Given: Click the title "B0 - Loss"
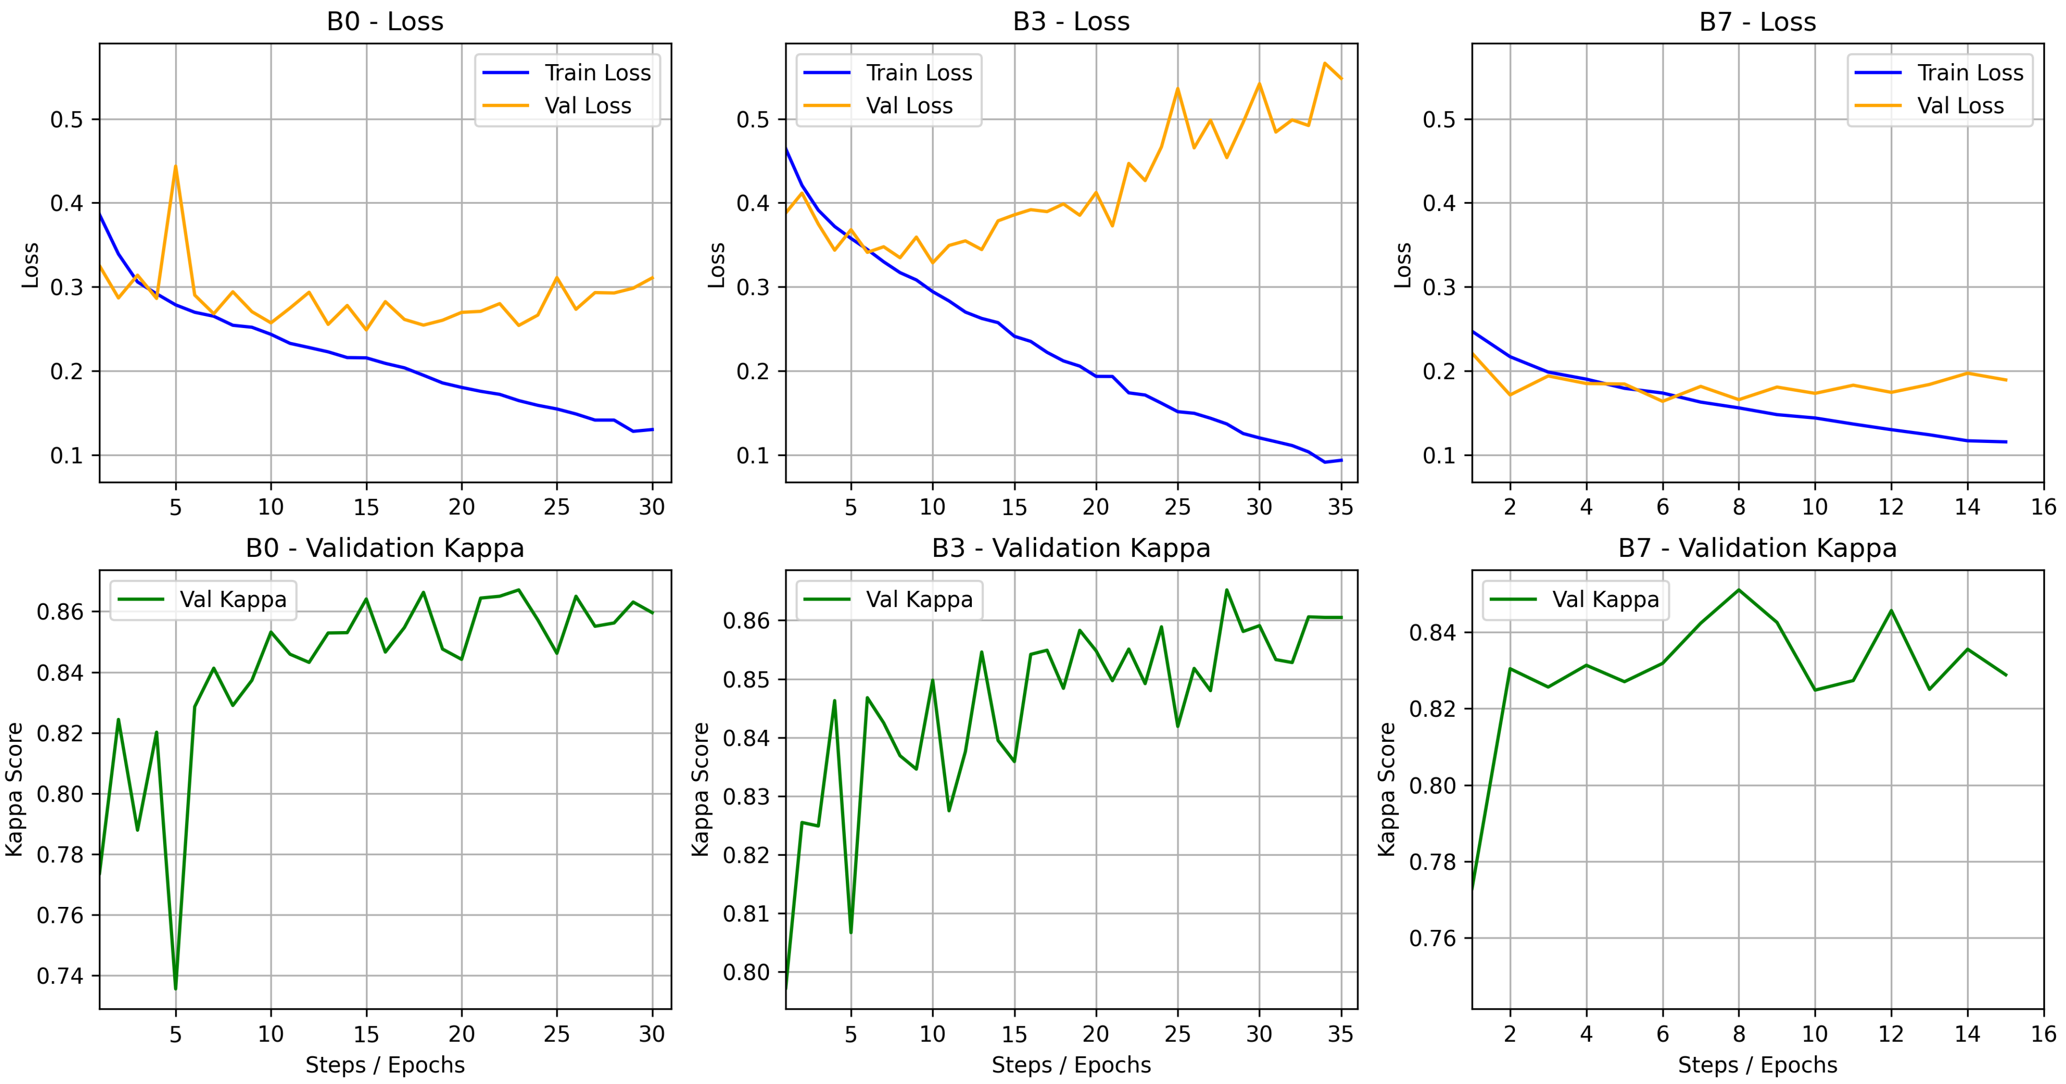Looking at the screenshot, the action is click(x=385, y=21).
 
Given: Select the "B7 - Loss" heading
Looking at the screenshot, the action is click(x=1757, y=21).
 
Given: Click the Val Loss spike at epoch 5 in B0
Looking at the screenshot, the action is click(x=176, y=166).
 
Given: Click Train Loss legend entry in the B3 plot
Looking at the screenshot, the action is click(x=888, y=72).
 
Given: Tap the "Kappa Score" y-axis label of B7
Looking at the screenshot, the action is click(x=1387, y=789).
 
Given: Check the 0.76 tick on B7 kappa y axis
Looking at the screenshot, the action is click(x=1433, y=938).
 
